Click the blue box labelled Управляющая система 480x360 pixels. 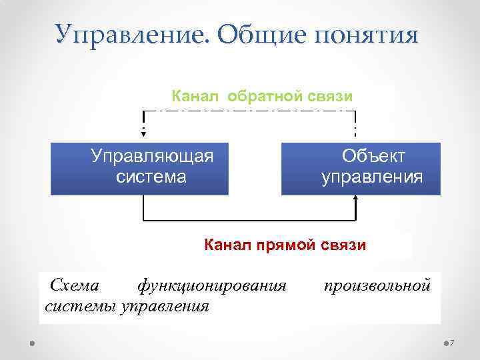(139, 167)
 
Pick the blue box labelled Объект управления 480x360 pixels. (361, 167)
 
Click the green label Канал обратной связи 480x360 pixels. (262, 96)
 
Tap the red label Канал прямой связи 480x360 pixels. (285, 245)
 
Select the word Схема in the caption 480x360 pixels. (75, 286)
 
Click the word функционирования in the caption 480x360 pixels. (211, 286)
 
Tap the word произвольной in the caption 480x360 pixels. (377, 286)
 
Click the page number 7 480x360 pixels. (451, 343)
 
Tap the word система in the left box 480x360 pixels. (151, 177)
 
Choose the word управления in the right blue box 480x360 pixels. (371, 178)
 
